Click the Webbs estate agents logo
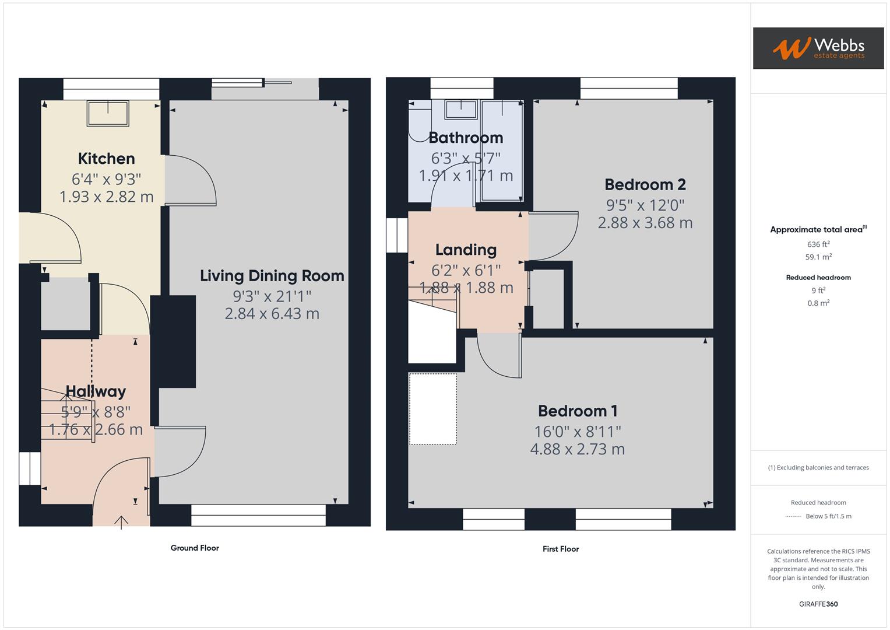click(x=818, y=48)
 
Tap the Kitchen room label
click(x=106, y=159)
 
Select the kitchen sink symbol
click(x=108, y=113)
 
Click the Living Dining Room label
click(x=272, y=276)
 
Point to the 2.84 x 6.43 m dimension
click(x=272, y=314)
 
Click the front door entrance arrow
click(x=121, y=521)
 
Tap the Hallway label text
click(x=96, y=391)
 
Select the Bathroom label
click(x=465, y=138)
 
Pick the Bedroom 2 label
click(x=645, y=185)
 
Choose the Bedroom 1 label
click(x=577, y=411)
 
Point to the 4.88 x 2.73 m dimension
click(x=577, y=449)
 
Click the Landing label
click(x=466, y=250)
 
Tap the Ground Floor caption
click(x=195, y=548)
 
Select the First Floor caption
click(x=560, y=549)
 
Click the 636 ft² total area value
click(x=818, y=244)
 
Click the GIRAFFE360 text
click(x=818, y=604)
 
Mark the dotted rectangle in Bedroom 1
click(x=432, y=409)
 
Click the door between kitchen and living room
click(x=190, y=181)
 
